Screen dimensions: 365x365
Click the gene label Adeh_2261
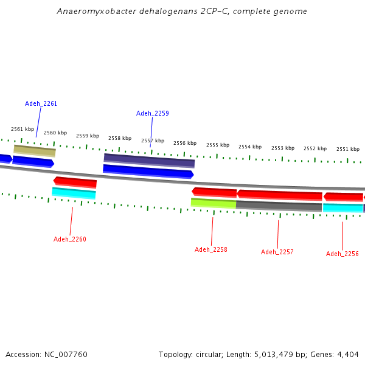tap(41, 103)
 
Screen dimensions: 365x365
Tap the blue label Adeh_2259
tap(153, 113)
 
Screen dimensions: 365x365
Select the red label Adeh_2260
tap(70, 239)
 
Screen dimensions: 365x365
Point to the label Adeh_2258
tap(211, 249)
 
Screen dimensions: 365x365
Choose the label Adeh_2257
tap(277, 252)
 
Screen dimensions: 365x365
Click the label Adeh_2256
tap(342, 254)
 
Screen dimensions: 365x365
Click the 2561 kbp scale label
tap(23, 129)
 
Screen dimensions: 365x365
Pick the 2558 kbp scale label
tap(120, 138)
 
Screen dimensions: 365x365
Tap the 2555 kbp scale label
tap(218, 145)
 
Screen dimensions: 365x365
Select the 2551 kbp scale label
tap(348, 149)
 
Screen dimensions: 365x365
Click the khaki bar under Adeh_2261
tap(35, 151)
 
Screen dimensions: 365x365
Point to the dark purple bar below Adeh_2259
tap(149, 161)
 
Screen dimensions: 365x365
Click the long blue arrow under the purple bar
tap(148, 172)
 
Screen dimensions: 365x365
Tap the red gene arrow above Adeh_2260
tap(75, 182)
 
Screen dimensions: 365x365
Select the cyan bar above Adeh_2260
tap(74, 193)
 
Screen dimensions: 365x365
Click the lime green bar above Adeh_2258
tap(214, 203)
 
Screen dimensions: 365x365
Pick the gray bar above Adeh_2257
tap(279, 206)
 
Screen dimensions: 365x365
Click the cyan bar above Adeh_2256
tap(343, 208)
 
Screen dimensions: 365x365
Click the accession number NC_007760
tap(66, 355)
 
